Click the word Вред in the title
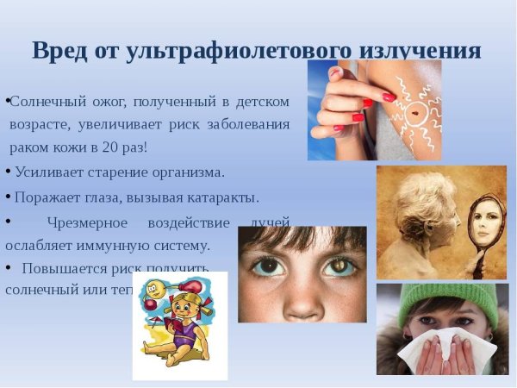tap(61, 50)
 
